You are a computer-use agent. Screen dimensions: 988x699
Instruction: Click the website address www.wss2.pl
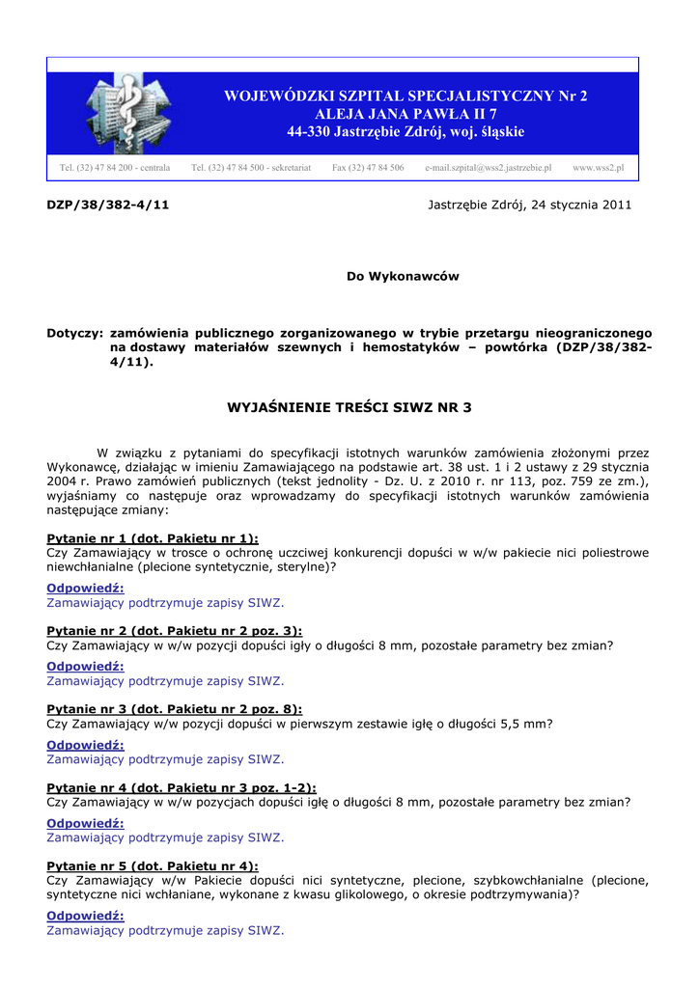click(598, 168)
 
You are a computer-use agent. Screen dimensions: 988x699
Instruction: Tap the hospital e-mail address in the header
click(489, 168)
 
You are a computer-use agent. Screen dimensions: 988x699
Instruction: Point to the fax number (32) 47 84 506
click(368, 168)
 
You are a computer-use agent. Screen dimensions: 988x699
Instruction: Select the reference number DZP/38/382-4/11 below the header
click(108, 206)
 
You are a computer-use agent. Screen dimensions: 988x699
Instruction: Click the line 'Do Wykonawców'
click(403, 276)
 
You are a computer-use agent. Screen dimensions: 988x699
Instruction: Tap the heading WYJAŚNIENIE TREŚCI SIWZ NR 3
click(349, 408)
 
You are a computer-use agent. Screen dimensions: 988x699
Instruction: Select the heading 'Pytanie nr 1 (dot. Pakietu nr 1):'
click(153, 538)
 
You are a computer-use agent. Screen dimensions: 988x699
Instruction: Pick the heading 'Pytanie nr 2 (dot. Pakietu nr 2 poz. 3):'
click(175, 631)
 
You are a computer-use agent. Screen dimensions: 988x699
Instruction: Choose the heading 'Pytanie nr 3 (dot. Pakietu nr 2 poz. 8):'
click(175, 708)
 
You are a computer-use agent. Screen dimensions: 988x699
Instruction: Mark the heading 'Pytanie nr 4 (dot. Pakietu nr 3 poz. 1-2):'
click(182, 787)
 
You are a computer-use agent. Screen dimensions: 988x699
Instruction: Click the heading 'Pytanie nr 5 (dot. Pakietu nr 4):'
click(153, 866)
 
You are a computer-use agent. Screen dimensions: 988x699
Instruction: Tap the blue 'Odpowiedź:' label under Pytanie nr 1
click(85, 588)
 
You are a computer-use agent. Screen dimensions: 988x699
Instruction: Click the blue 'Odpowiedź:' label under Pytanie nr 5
click(85, 916)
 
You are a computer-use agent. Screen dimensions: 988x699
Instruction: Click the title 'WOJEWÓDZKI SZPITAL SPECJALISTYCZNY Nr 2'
click(405, 96)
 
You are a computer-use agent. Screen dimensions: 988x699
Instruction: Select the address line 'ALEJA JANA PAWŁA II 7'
click(405, 114)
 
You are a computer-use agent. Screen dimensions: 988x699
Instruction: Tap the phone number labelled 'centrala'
click(115, 168)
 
